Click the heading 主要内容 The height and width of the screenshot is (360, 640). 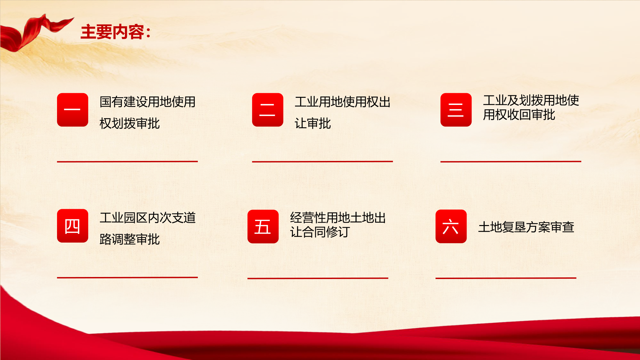pos(112,32)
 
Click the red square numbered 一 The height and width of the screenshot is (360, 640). pos(73,110)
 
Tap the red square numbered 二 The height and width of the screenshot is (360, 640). pos(268,110)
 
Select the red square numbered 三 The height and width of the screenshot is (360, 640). pos(456,110)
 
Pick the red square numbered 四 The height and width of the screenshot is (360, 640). pos(73,226)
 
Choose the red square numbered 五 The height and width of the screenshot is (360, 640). pos(263,226)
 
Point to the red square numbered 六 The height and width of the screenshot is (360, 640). pos(451,226)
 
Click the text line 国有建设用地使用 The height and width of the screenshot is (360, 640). pos(148,102)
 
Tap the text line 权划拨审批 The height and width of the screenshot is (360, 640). pos(130,123)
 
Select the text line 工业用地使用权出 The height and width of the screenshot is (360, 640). pos(343,102)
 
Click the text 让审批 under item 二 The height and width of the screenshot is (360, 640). pos(313,123)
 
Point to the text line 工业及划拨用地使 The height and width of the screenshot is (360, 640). pos(531,100)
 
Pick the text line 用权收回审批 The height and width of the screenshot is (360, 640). pos(519,115)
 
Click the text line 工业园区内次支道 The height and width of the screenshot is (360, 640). pos(148,218)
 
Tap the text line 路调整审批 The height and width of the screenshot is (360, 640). pos(130,239)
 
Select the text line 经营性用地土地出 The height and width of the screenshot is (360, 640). pos(338,218)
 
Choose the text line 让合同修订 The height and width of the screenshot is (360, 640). pos(320,232)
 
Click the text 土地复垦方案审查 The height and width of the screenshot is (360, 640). pos(526,227)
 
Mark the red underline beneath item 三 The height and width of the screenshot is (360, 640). pos(511,162)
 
